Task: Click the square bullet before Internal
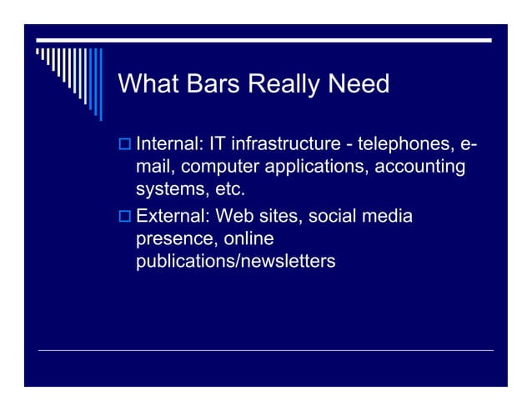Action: click(125, 147)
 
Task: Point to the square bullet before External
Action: click(125, 218)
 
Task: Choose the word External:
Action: click(172, 217)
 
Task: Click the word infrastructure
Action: click(287, 146)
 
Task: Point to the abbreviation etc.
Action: click(230, 189)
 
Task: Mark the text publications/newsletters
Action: click(236, 262)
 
